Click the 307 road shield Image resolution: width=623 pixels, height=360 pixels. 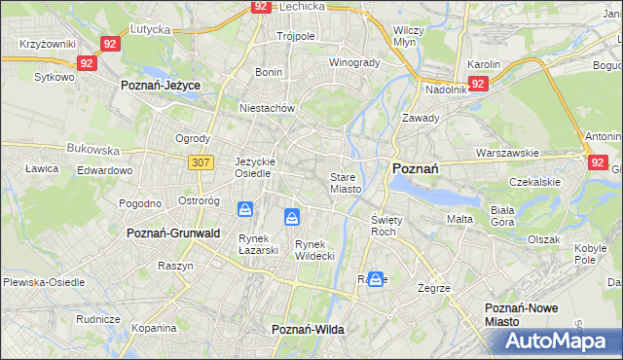[202, 162]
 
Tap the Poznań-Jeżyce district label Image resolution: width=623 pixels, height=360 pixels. [160, 86]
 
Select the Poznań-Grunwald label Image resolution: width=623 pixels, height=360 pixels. [173, 234]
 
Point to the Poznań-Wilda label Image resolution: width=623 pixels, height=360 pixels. [308, 330]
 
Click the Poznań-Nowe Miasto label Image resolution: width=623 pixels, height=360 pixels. [521, 314]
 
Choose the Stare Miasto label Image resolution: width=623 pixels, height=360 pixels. [346, 183]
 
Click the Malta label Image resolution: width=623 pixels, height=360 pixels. [459, 219]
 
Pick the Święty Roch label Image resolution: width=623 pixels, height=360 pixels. [384, 226]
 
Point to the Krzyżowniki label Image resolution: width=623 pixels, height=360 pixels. [47, 45]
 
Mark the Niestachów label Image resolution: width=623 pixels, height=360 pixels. [267, 108]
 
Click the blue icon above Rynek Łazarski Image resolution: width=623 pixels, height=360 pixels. [246, 209]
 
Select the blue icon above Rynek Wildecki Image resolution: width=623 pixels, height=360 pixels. [291, 216]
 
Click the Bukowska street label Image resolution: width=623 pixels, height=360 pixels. [92, 151]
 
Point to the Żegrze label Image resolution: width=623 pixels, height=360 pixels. [433, 289]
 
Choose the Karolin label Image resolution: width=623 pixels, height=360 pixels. [484, 64]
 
